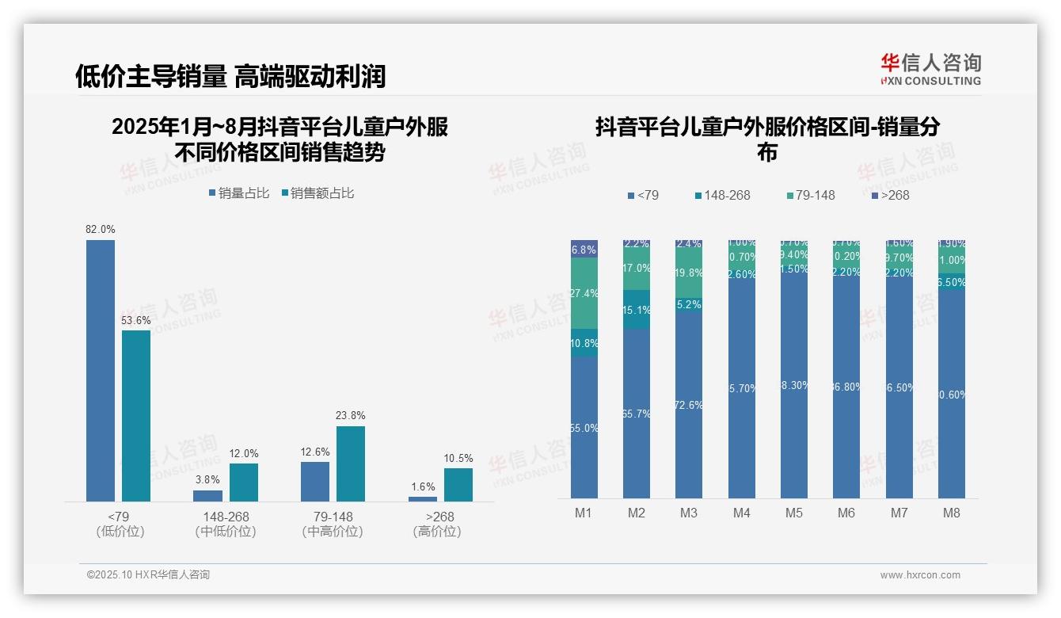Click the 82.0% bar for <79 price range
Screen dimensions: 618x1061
pos(101,370)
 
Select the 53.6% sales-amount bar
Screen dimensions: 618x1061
pos(136,415)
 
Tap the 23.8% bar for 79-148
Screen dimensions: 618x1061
pos(351,463)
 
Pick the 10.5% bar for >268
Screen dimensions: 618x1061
pos(458,484)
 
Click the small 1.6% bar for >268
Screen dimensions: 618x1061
pos(423,498)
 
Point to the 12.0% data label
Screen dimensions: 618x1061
pos(244,454)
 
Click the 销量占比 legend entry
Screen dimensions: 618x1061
pos(239,193)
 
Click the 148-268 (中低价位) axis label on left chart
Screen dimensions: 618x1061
pos(226,524)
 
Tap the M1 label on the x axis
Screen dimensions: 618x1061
pos(584,513)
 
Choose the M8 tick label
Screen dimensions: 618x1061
pos(951,513)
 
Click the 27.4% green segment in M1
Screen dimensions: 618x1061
pos(584,293)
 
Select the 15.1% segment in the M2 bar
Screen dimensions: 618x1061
pos(637,310)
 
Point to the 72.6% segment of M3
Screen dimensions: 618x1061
pos(689,404)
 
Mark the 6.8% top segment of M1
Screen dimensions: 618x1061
pos(584,249)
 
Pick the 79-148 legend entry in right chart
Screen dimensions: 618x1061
pos(811,195)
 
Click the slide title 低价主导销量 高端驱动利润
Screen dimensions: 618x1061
pos(230,76)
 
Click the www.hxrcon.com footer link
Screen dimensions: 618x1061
pos(920,575)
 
